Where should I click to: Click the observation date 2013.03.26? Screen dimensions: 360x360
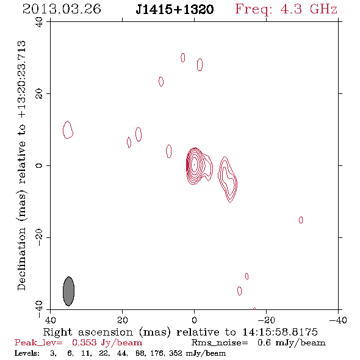pos(62,9)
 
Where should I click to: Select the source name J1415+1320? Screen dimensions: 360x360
pos(175,9)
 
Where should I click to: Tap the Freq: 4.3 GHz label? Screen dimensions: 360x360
pos(286,9)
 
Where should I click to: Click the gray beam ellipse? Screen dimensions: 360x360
pos(69,291)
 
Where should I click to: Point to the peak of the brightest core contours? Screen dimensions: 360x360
pos(194,164)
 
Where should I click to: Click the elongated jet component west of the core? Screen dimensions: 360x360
pos(228,179)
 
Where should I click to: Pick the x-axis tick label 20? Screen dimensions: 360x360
pos(122,320)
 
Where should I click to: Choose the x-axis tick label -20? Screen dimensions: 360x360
pos(266,320)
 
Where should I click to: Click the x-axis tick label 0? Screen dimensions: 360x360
pos(194,320)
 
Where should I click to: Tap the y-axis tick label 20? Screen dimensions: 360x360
pos(39,94)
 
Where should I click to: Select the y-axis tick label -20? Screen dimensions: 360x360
pos(39,237)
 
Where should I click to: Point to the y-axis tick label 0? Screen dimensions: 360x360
pos(39,165)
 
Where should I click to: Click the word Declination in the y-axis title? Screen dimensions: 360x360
pos(21,259)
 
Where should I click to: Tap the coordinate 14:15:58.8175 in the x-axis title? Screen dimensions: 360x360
pos(280,332)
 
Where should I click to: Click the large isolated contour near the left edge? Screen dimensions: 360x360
pos(68,130)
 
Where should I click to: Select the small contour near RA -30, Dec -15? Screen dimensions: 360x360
pos(301,220)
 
